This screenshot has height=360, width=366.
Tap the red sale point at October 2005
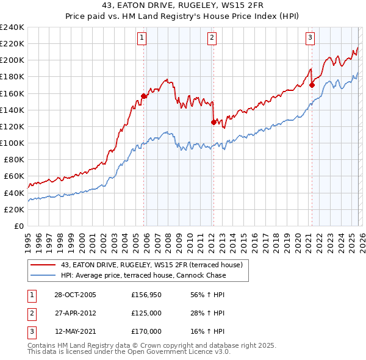click(x=144, y=96)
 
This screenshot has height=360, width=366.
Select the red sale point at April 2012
click(x=213, y=122)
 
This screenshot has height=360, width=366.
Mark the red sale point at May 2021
click(x=312, y=85)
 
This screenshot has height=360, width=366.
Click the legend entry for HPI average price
click(x=143, y=275)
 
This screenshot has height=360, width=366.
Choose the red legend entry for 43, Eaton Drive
click(x=152, y=265)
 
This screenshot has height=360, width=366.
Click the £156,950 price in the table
click(x=146, y=295)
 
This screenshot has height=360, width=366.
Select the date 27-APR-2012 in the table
click(x=75, y=313)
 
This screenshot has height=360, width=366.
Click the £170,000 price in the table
click(x=146, y=331)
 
